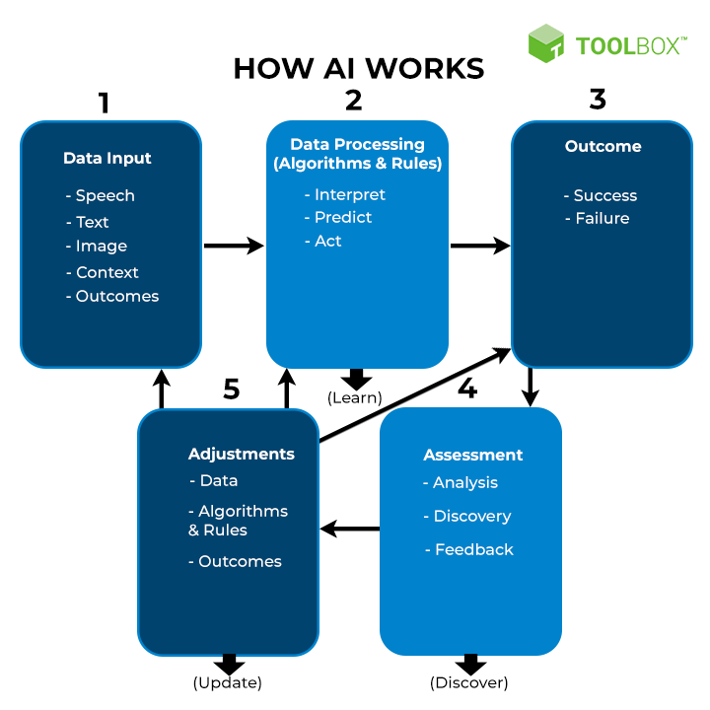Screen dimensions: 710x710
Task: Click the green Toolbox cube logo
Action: point(545,43)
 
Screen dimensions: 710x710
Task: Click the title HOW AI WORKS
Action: point(359,68)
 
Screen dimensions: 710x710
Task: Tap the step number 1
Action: point(104,102)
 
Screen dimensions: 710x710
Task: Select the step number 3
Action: point(598,99)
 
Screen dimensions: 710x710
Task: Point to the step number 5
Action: point(231,389)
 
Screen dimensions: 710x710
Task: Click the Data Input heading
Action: point(107,158)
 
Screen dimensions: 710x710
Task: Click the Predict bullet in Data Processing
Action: point(338,217)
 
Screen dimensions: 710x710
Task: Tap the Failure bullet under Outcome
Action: point(598,218)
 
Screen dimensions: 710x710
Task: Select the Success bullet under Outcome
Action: point(601,195)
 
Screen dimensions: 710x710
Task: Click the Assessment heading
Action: point(473,455)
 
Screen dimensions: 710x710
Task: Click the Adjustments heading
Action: point(242,454)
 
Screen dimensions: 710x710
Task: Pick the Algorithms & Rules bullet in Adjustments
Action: point(238,521)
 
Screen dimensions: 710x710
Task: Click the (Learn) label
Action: point(355,398)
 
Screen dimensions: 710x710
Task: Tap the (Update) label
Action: point(228,682)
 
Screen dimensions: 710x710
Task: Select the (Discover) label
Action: point(469,682)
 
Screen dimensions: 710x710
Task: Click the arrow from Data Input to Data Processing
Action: point(234,246)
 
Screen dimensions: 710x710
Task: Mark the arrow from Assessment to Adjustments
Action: point(350,530)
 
